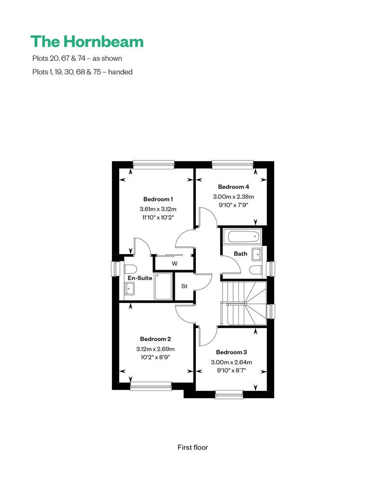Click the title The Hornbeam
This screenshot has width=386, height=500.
[x=87, y=42]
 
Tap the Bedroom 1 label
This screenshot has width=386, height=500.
[x=158, y=199]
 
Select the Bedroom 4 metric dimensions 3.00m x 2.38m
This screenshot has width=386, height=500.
[x=234, y=197]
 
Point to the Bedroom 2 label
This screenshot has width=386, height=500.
[x=155, y=339]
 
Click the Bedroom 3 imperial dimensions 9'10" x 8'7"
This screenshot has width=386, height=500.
[x=232, y=371]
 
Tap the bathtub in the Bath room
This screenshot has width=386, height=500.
[x=242, y=237]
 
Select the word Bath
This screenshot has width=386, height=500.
[x=240, y=254]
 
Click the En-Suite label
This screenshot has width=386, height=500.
[x=140, y=278]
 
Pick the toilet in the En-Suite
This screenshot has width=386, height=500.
[x=130, y=268]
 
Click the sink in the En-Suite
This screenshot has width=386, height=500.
[x=129, y=289]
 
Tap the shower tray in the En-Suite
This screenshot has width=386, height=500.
[x=163, y=286]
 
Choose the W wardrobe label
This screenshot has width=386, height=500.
[x=175, y=264]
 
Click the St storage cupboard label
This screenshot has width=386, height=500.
[x=184, y=286]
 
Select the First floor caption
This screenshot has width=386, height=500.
[x=193, y=447]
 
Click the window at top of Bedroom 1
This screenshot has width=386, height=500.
[x=154, y=165]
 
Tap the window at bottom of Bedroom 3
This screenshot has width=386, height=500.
[x=229, y=394]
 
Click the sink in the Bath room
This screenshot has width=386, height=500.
[x=257, y=255]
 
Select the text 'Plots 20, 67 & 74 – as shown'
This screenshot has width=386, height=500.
[x=77, y=58]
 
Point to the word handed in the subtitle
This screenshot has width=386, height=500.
[x=120, y=72]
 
